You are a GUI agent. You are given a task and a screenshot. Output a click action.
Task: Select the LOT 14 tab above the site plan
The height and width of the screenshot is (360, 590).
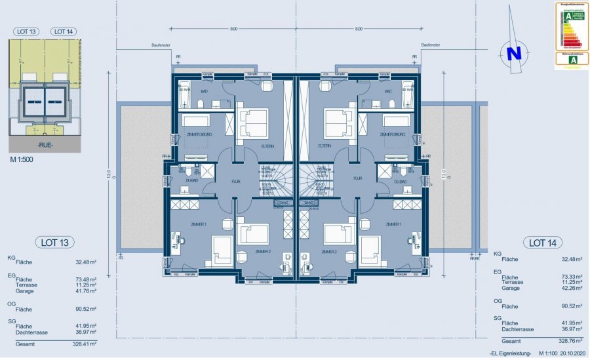[63, 31]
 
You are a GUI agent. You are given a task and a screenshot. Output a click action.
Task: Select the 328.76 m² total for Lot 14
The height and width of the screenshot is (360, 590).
[569, 341]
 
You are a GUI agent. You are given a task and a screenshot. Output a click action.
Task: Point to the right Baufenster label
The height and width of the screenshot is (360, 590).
[430, 45]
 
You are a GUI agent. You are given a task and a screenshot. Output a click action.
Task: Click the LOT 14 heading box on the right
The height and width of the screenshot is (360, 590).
[541, 243]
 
